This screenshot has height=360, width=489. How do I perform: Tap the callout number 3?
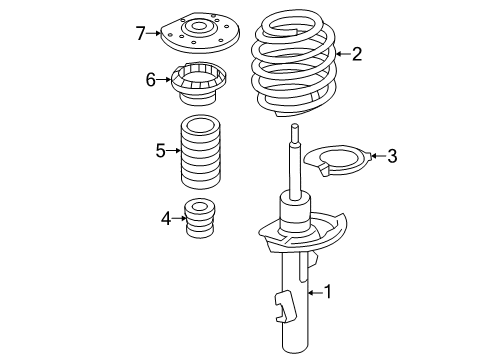pos(392,155)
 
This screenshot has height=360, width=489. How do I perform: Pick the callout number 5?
pos(160,151)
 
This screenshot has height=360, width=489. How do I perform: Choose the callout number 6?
pos(151,79)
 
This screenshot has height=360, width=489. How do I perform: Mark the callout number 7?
pos(141,33)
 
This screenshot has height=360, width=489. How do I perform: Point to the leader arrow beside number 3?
pos(375,155)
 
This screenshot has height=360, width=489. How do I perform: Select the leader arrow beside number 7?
pos(156,33)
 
